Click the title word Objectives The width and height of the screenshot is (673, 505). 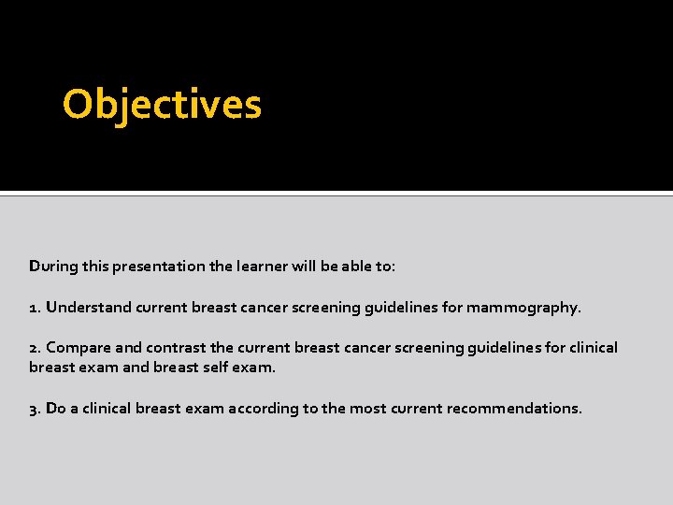[162, 105]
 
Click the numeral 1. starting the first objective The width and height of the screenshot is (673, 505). [35, 307]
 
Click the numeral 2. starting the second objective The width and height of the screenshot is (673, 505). [35, 348]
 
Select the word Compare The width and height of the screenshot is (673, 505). [78, 348]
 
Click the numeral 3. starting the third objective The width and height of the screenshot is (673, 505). [35, 409]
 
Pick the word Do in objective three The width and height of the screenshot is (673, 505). [56, 409]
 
